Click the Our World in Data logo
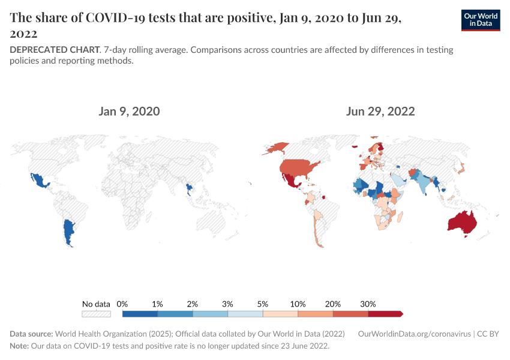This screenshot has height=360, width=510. [481, 20]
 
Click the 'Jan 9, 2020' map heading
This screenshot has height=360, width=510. [130, 112]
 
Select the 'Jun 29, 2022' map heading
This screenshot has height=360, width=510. [380, 112]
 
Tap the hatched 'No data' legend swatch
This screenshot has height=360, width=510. [97, 314]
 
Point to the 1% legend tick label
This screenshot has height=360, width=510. [158, 304]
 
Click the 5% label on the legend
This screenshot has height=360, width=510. [263, 304]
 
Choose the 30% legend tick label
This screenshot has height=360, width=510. [368, 304]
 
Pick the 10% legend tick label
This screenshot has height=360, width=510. [298, 304]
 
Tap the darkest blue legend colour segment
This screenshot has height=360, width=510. [140, 314]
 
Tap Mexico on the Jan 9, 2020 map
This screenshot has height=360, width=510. [38, 179]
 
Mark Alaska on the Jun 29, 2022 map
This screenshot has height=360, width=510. [277, 148]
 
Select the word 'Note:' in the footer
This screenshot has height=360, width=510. [20, 346]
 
